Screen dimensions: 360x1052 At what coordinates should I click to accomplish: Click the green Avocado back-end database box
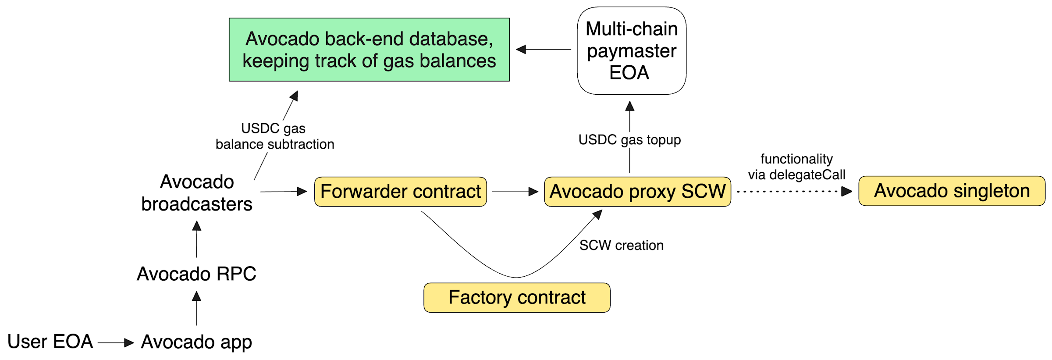(x=369, y=50)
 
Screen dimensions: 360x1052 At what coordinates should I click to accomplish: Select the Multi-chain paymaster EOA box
(x=631, y=50)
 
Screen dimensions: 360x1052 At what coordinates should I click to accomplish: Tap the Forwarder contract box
(x=400, y=192)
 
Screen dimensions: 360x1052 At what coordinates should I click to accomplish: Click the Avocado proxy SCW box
(x=637, y=192)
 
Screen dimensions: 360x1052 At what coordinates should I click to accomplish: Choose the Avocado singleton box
(x=952, y=191)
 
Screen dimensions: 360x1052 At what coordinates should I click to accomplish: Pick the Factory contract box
(x=517, y=297)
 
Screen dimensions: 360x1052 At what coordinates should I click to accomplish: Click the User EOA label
(x=50, y=342)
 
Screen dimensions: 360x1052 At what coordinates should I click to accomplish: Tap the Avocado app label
(x=196, y=342)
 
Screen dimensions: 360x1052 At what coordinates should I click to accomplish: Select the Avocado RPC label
(x=196, y=274)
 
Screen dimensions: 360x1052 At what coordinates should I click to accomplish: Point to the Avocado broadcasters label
(x=197, y=193)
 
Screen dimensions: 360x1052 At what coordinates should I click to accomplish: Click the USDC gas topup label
(x=629, y=140)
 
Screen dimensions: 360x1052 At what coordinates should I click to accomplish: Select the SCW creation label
(x=621, y=245)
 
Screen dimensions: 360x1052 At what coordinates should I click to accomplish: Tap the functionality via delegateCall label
(x=796, y=167)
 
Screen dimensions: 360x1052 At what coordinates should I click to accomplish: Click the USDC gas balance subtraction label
(x=274, y=136)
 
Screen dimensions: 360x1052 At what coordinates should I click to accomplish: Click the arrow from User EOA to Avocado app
(x=115, y=342)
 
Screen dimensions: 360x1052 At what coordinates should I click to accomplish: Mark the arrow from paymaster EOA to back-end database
(x=544, y=50)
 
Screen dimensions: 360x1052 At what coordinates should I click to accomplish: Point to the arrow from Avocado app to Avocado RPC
(x=196, y=309)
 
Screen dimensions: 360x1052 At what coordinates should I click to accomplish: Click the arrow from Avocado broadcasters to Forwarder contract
(x=283, y=192)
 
